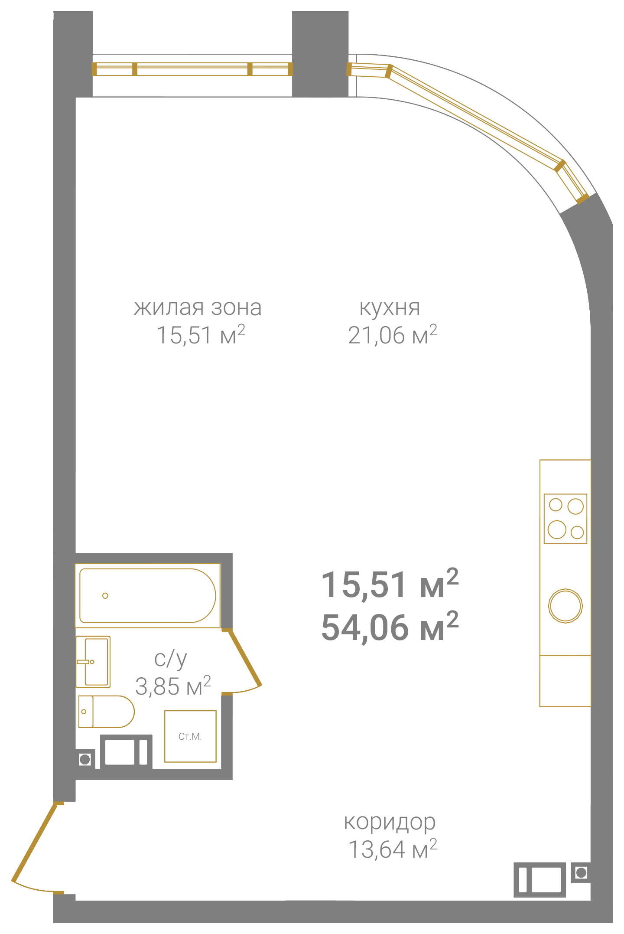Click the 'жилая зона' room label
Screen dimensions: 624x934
coord(198,307)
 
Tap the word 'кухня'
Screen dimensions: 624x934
coord(390,307)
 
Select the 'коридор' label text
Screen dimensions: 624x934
coord(390,822)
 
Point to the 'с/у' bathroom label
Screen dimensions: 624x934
coord(170,659)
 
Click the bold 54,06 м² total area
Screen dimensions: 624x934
coord(390,627)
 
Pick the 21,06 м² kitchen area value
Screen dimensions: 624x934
coord(393,335)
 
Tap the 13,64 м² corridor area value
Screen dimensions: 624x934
coord(393,849)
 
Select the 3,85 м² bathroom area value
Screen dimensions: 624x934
coord(173,686)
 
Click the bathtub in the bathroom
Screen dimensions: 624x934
coord(148,596)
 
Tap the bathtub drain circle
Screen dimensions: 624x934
coord(105,596)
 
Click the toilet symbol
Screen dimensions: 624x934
coord(107,712)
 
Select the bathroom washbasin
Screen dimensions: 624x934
coord(93,662)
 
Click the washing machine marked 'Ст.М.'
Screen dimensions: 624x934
coord(190,736)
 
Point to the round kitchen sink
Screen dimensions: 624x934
coord(565,606)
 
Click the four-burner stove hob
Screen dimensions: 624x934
coord(565,519)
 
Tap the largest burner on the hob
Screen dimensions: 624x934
coord(557,529)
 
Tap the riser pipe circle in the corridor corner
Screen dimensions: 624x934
coord(582,872)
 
